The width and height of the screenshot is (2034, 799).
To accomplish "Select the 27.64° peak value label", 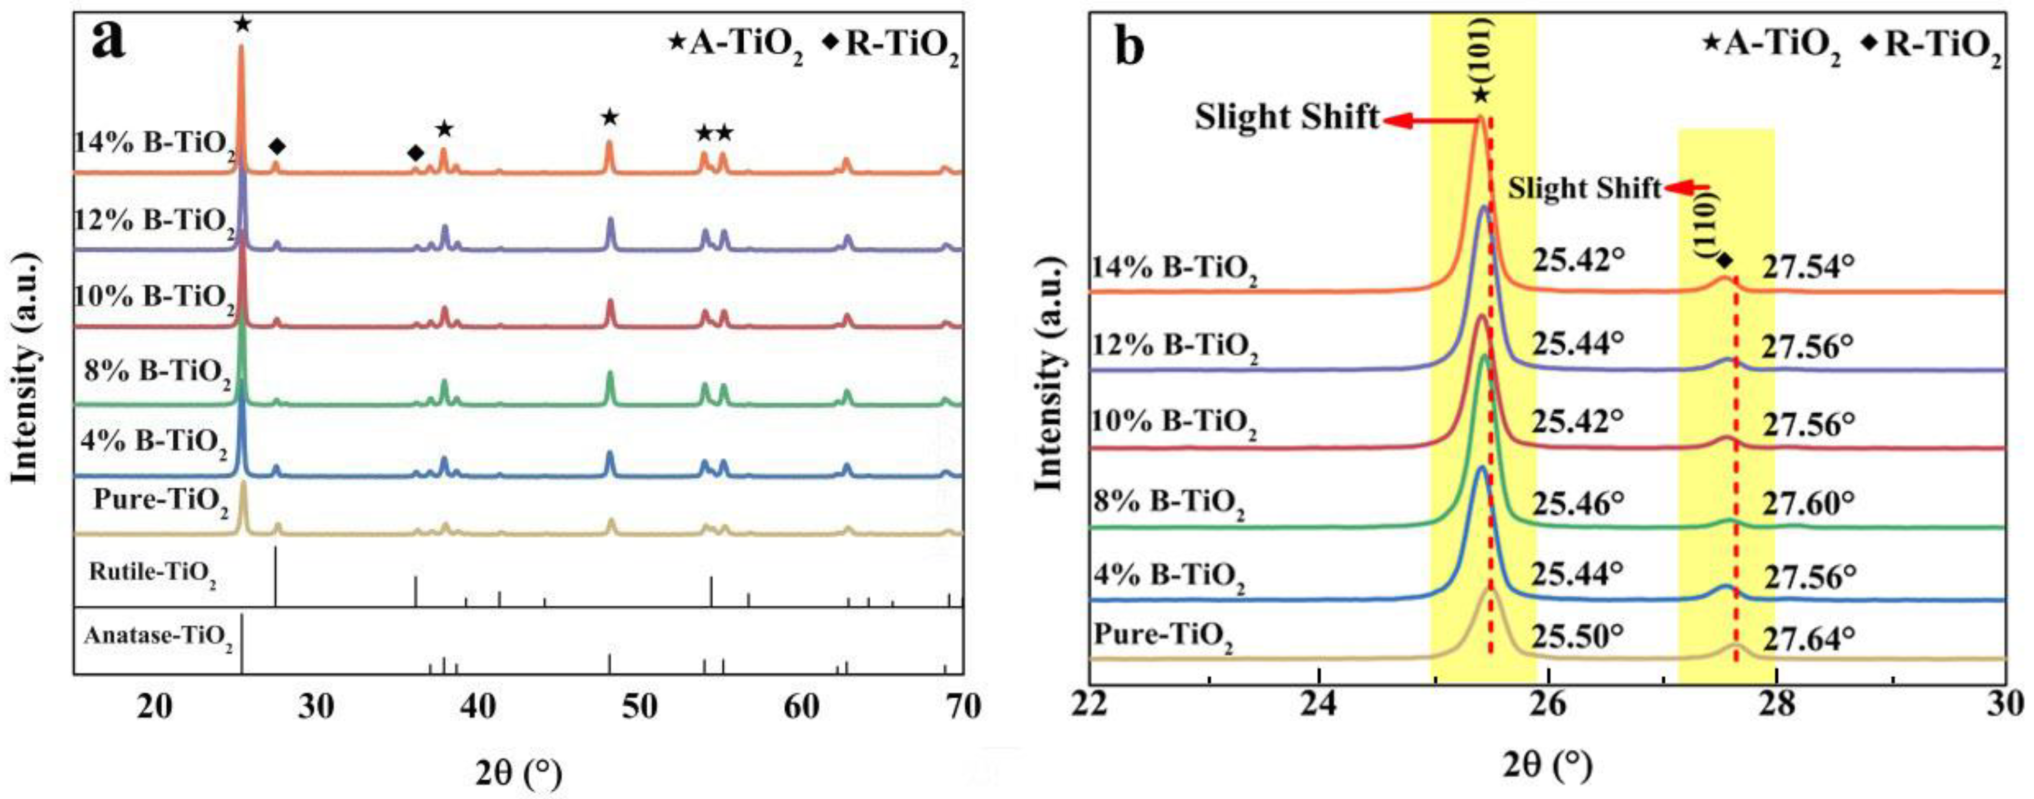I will [x=1809, y=638].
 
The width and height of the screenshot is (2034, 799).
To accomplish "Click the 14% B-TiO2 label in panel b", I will [x=1174, y=270].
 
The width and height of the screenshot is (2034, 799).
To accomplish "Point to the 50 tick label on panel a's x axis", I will [x=639, y=707].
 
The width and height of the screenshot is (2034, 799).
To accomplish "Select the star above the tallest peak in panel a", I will [x=242, y=24].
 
